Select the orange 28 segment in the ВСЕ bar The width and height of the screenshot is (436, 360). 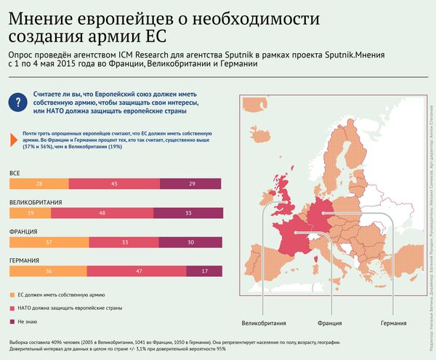39,185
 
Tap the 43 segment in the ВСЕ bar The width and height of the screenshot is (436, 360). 114,185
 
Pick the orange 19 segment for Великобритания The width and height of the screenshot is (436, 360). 29,213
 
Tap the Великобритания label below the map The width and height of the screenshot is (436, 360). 265,323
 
